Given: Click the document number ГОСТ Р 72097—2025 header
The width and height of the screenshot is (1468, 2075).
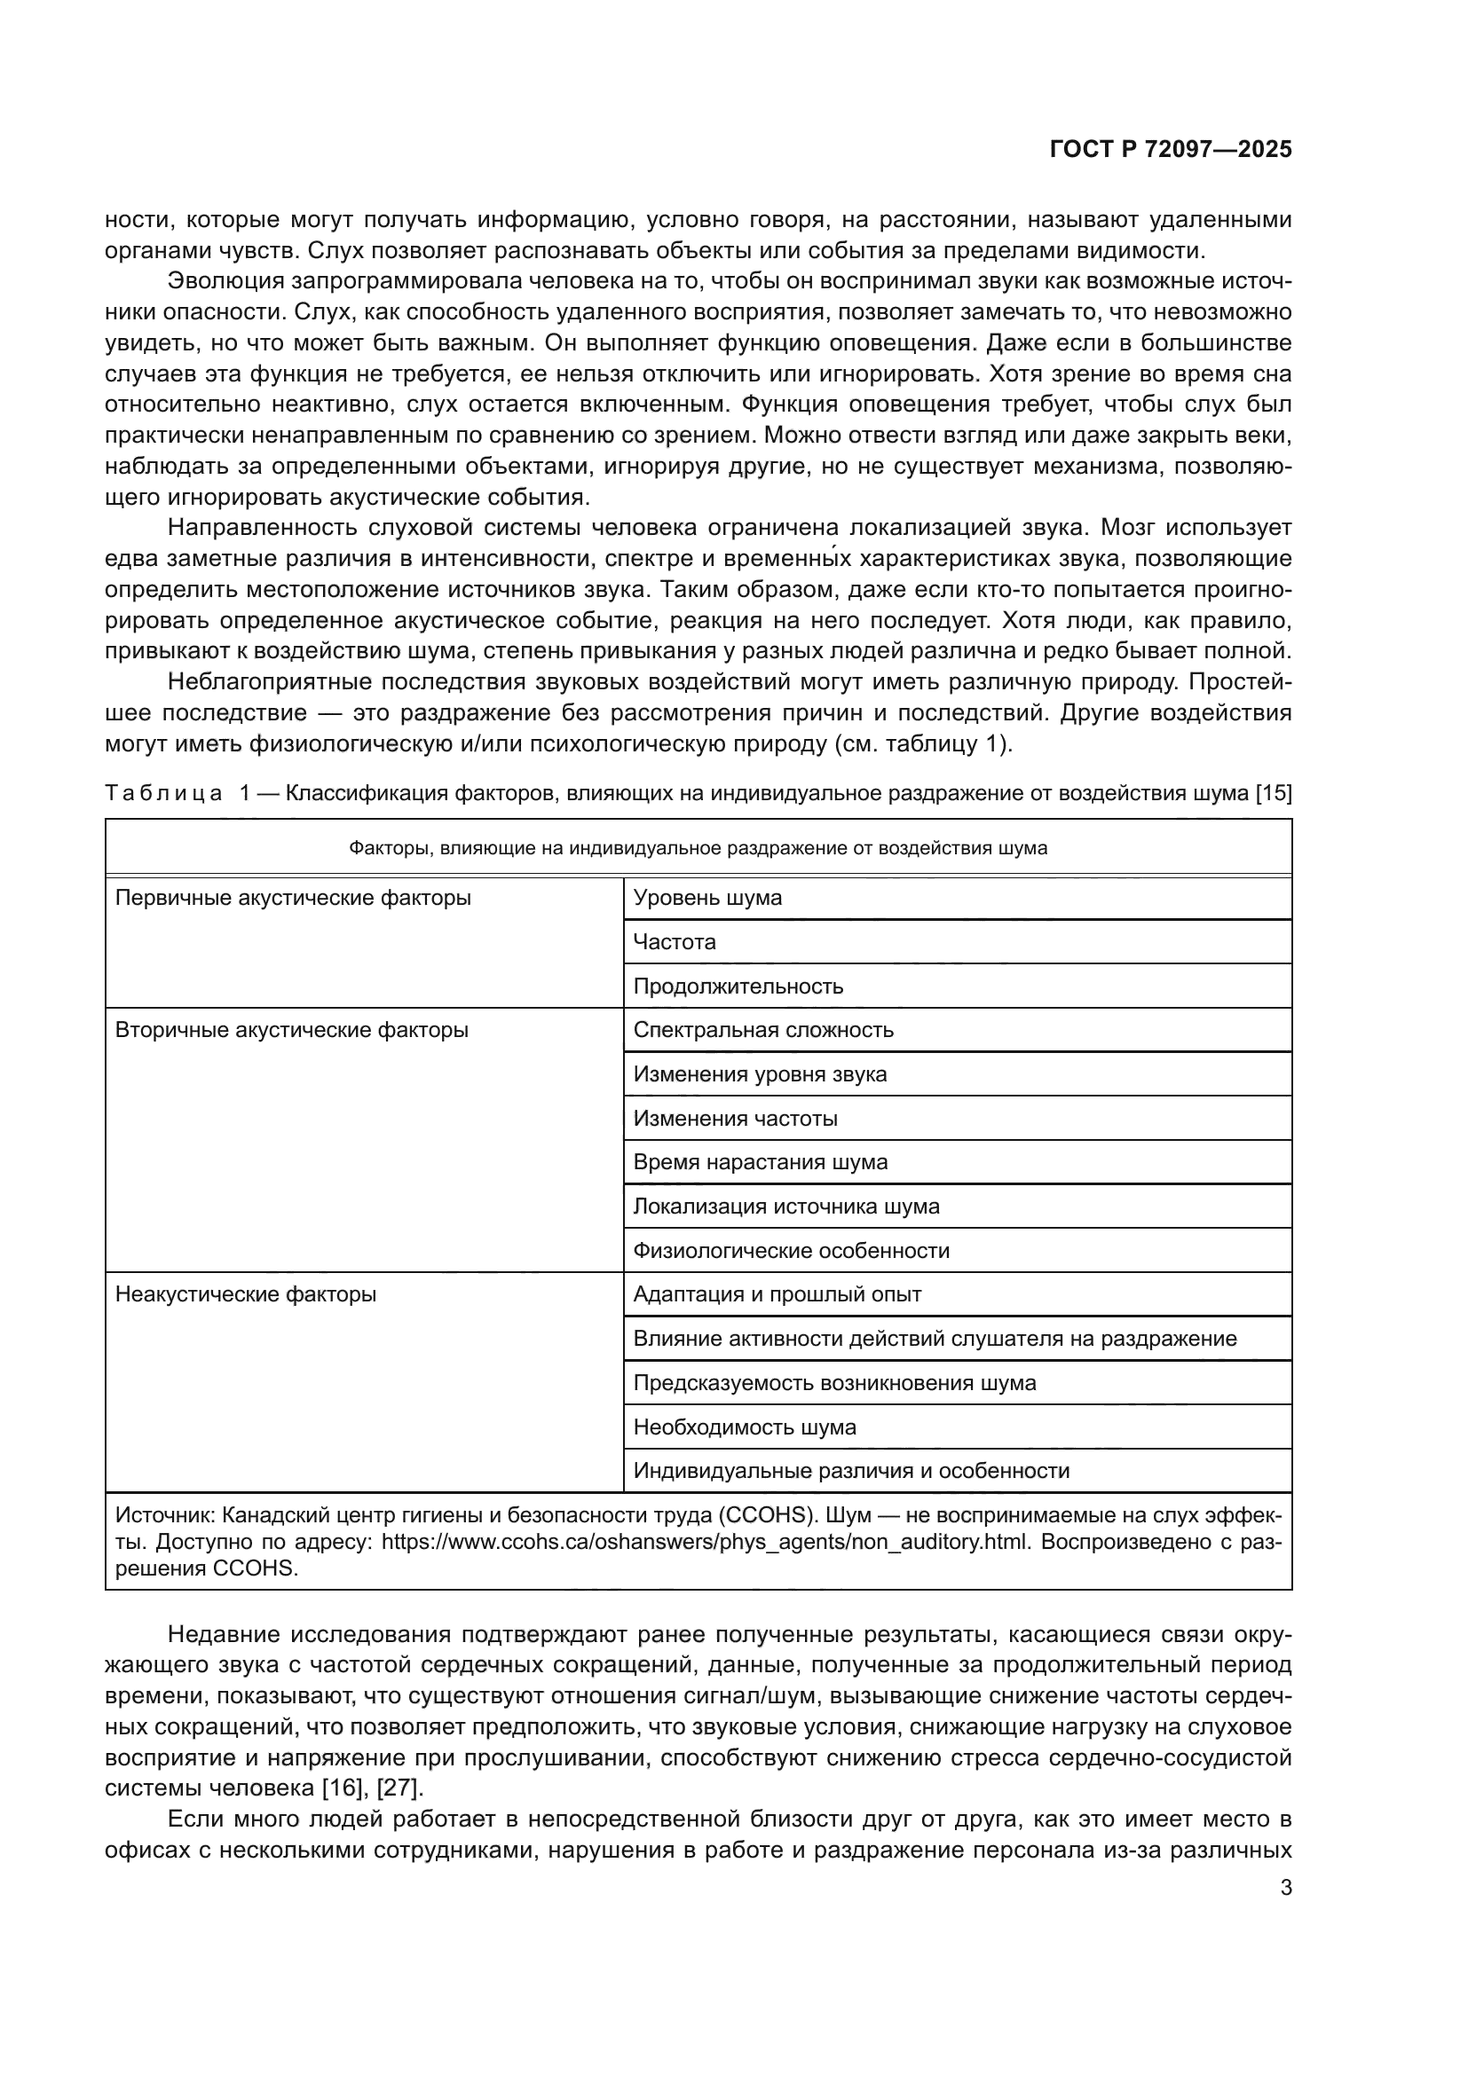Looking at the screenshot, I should [1171, 149].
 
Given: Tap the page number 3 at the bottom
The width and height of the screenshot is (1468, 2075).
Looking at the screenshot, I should [1285, 1888].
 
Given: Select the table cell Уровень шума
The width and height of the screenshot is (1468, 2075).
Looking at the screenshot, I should [706, 898].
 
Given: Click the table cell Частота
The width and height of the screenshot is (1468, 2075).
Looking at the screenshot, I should [675, 942].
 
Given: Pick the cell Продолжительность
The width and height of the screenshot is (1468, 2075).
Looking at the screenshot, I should [738, 986].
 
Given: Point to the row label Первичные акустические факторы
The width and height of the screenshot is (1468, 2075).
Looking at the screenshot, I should [293, 898].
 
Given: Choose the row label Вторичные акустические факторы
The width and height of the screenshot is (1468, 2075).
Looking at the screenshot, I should [291, 1030].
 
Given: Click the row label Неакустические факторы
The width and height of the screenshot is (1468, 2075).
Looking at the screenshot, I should [246, 1294].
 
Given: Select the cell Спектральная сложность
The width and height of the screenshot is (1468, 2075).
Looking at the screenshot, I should [763, 1030].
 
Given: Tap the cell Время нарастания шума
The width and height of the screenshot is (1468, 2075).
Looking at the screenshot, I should [761, 1162].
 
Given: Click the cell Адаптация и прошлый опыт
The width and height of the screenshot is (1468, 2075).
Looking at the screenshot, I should [777, 1294].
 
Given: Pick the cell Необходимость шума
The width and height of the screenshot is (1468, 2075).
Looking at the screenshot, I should [744, 1427].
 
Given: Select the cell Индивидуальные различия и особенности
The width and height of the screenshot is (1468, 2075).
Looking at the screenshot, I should [850, 1470].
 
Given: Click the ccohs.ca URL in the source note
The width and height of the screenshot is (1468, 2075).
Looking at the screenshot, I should [705, 1541].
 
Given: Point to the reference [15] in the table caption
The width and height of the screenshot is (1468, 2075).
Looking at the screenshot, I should [1274, 793].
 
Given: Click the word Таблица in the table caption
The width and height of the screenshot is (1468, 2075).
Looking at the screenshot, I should [162, 793].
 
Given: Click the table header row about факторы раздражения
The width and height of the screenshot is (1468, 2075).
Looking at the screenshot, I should [698, 848].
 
